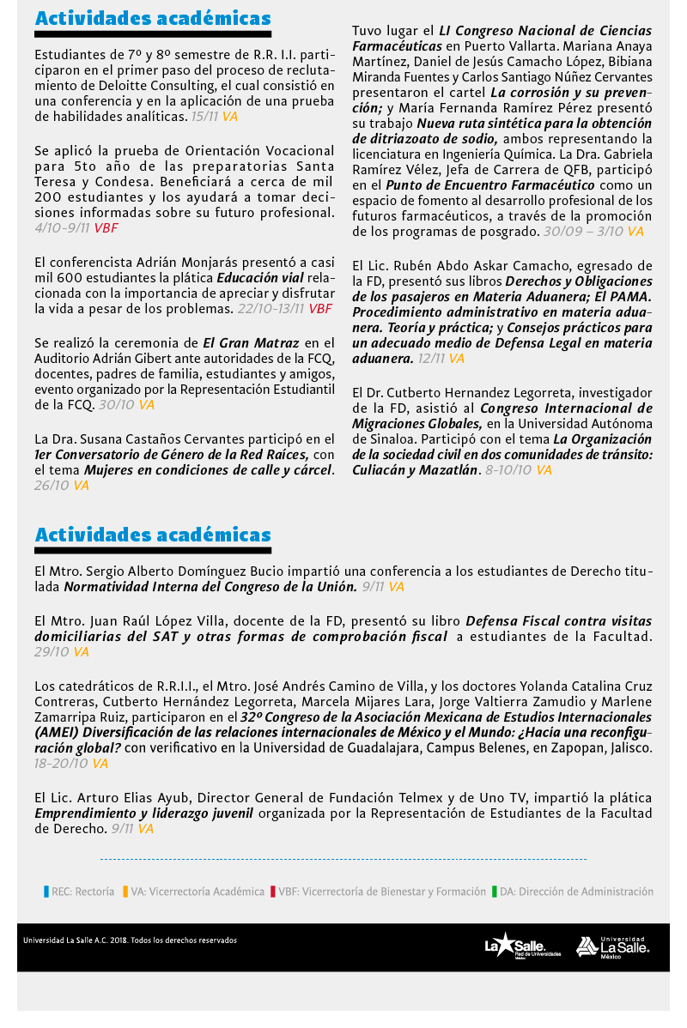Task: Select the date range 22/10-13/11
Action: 271,309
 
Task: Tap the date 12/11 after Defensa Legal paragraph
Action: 430,359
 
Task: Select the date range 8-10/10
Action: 508,470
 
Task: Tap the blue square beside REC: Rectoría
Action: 46,892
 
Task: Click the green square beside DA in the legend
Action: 495,892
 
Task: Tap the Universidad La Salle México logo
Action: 612,946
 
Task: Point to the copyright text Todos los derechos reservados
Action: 184,940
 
